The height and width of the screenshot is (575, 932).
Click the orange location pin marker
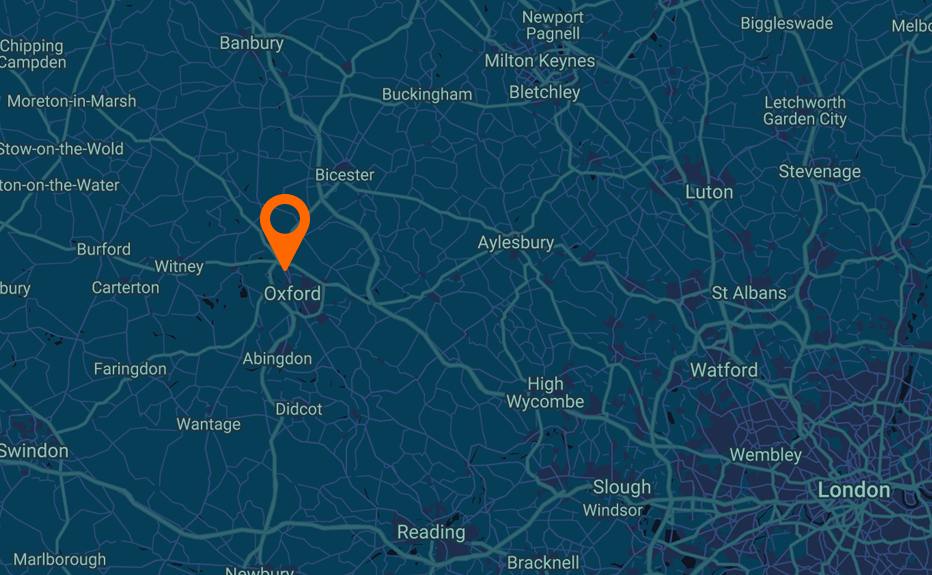coord(285,222)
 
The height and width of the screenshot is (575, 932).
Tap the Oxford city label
coord(292,293)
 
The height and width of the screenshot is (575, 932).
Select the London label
coord(853,490)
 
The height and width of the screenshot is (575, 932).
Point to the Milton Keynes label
coord(539,61)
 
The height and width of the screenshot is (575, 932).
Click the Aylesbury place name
coord(515,243)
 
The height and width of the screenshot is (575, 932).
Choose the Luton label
coord(709,192)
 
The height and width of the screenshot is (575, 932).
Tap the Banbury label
coord(251,43)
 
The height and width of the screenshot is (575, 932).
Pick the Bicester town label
coord(344,175)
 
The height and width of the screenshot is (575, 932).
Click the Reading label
coord(431,532)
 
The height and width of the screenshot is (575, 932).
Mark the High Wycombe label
coord(545,393)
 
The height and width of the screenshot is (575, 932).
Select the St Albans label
coord(749,293)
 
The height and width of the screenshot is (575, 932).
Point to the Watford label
coord(724,370)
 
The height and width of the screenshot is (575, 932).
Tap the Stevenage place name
coord(819,172)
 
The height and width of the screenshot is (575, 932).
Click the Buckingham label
coord(427,95)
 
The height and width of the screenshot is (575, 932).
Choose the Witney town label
coord(179,267)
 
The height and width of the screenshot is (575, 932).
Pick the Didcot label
coord(299,409)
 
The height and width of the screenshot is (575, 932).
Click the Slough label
coord(621,487)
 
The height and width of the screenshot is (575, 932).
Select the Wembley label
coord(766,455)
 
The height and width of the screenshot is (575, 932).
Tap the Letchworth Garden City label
coord(804,111)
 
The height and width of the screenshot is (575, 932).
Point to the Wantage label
coord(208,424)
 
